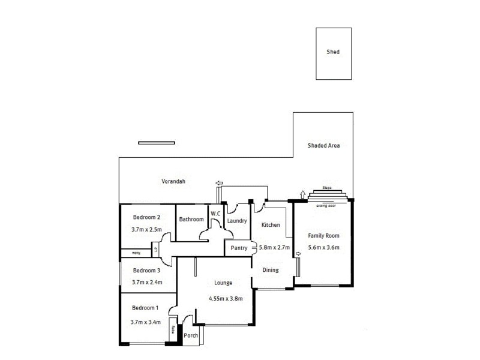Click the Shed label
click(x=333, y=52)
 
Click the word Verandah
click(x=173, y=181)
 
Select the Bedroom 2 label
click(x=146, y=217)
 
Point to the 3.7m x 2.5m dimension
click(x=146, y=229)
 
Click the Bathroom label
click(x=191, y=220)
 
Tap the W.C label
click(x=215, y=212)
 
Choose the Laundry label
click(x=237, y=221)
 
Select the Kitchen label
click(x=270, y=225)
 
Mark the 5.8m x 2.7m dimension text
click(x=274, y=247)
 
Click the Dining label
click(x=271, y=270)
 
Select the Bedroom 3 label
click(x=146, y=270)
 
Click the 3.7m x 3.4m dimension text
click(x=146, y=322)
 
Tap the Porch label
click(x=191, y=336)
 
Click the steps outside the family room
click(x=327, y=194)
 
